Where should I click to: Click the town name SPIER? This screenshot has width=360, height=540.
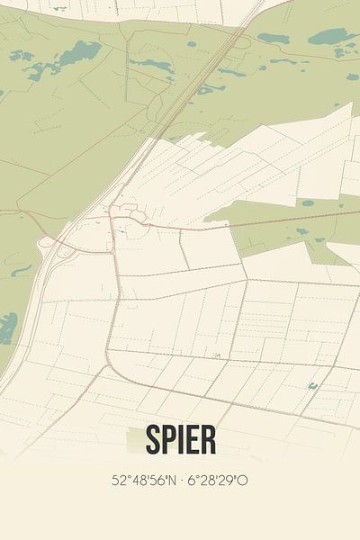click(179, 440)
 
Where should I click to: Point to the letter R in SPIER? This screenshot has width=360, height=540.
click(208, 440)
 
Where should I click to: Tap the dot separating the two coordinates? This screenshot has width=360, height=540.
click(181, 481)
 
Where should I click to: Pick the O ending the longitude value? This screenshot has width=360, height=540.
click(243, 481)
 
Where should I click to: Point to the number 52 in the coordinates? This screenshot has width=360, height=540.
click(118, 481)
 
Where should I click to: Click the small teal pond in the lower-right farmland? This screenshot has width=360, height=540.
click(312, 386)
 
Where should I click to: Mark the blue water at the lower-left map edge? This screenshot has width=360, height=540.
click(7, 329)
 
